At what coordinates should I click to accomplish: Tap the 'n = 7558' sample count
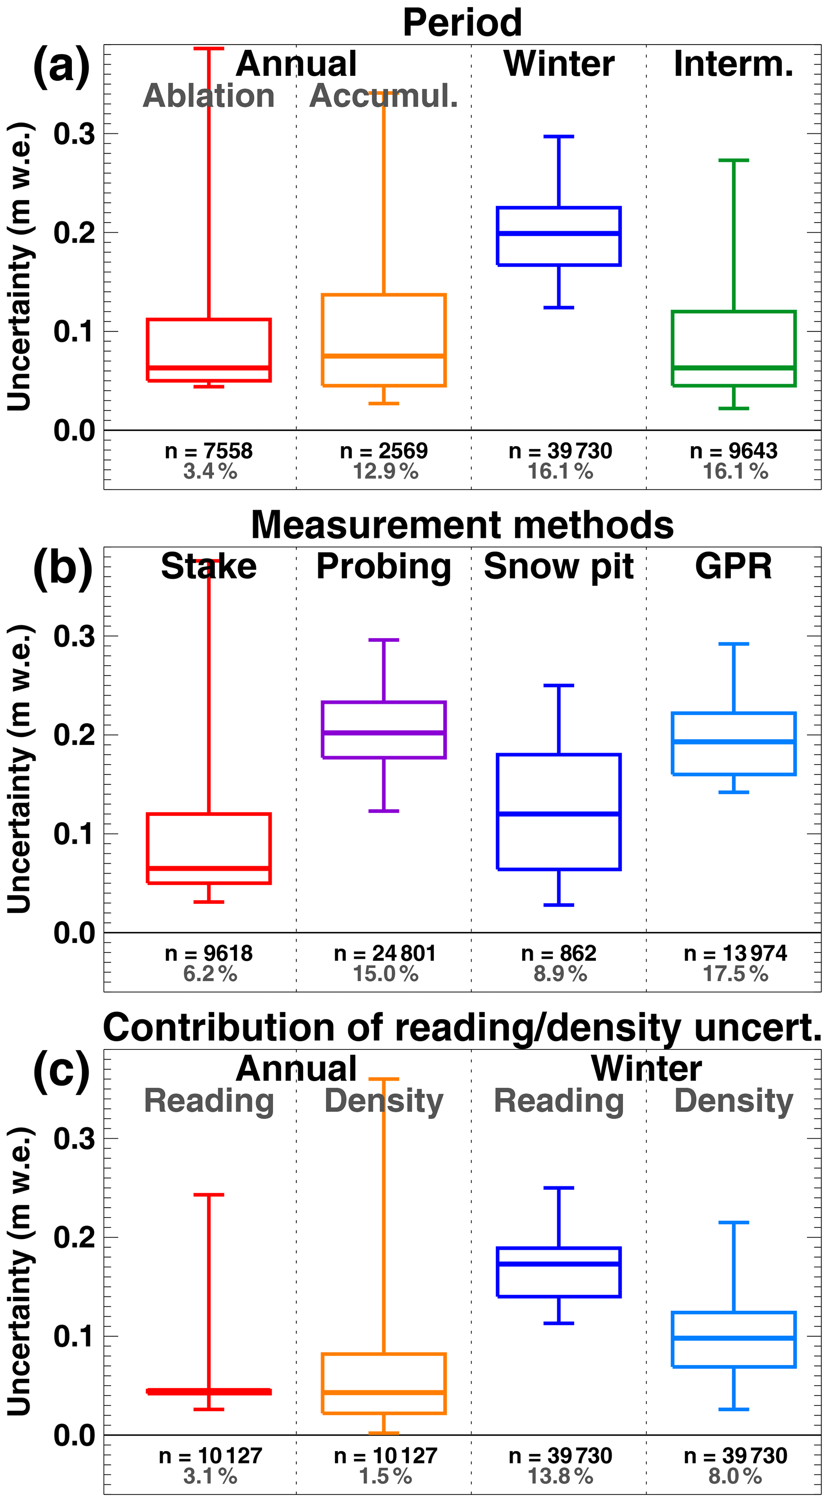click(209, 451)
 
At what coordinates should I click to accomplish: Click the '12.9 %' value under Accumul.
click(385, 471)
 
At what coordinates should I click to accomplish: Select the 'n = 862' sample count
click(559, 953)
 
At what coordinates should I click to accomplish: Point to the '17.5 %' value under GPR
click(735, 974)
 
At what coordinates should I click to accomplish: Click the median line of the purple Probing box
click(383, 732)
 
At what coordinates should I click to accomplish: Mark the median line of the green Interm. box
click(734, 368)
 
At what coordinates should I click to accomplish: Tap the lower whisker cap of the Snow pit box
click(559, 905)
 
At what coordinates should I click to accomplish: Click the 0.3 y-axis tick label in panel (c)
click(74, 1138)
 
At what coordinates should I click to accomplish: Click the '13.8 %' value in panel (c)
click(559, 1476)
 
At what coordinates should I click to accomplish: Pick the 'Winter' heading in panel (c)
click(646, 1069)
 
